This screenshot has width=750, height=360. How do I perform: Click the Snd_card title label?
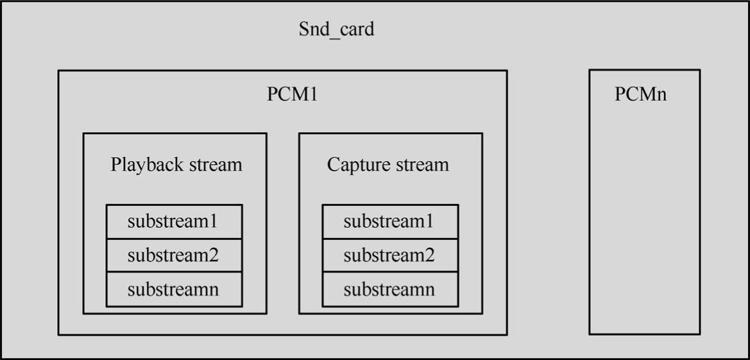coord(336,30)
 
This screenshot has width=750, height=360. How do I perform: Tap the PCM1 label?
coord(292,94)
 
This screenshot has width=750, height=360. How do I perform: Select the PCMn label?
coord(640,94)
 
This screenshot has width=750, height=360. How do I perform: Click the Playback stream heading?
coord(176,164)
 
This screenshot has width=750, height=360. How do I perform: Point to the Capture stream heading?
coord(388,164)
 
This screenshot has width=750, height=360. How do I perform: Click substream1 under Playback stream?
coord(173,221)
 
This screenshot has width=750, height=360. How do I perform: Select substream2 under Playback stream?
coord(173,255)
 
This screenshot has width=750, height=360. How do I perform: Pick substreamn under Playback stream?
coord(173,289)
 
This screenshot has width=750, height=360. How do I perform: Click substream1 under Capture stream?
coord(389,221)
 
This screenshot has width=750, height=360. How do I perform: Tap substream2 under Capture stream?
coord(389,255)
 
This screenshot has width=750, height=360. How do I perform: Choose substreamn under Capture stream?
coord(389,289)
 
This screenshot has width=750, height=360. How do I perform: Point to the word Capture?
coord(355,165)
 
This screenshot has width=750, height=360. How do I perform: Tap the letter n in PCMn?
coord(661,95)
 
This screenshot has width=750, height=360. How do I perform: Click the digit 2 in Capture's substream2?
coord(429,255)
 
